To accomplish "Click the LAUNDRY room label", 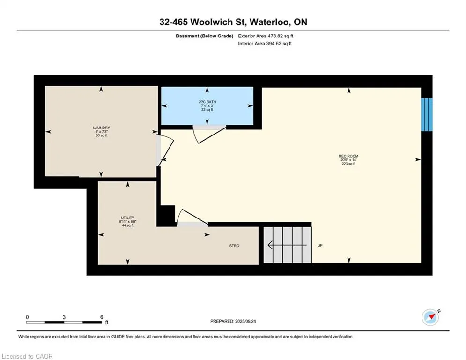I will click(101, 127).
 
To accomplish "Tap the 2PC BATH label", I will click(207, 102).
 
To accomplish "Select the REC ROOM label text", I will click(348, 156).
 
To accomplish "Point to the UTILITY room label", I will click(127, 217).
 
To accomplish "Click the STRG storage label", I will click(234, 246).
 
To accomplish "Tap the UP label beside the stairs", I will click(320, 246).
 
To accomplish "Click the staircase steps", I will click(287, 245).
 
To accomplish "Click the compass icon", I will click(430, 317).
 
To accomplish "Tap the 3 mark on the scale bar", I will click(64, 317).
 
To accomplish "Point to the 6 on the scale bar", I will click(102, 317).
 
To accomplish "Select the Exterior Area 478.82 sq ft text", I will click(266, 36).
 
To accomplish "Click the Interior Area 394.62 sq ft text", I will click(265, 44).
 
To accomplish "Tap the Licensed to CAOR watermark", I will click(27, 356).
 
